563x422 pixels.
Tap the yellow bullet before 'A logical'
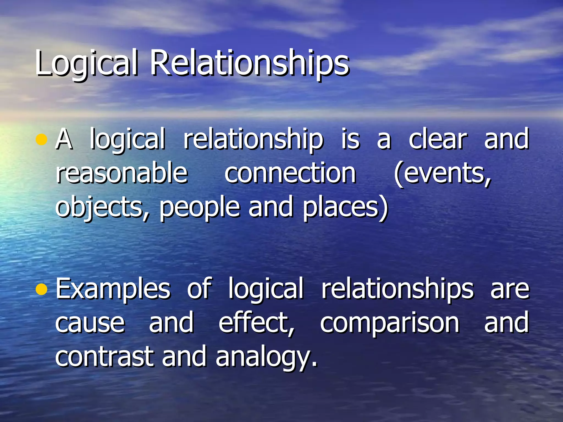[x=42, y=139]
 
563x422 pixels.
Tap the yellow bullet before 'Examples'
[x=42, y=289]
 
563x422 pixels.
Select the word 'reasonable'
[x=122, y=173]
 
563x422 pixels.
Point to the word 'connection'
[x=290, y=173]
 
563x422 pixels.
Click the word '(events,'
[x=442, y=173]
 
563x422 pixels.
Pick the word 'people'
[x=199, y=207]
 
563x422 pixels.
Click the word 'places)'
[x=345, y=207]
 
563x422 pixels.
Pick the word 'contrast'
[x=104, y=356]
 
